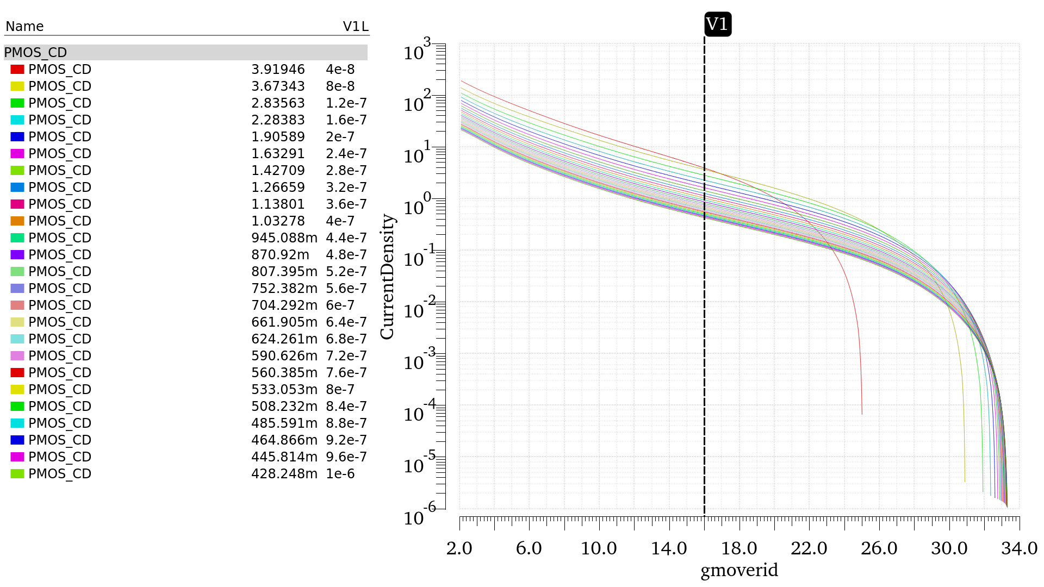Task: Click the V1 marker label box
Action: click(x=717, y=24)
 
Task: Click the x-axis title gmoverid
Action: click(x=739, y=570)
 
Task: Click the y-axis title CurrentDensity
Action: click(x=387, y=277)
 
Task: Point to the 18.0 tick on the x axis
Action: click(x=739, y=548)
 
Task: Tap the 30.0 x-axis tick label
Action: click(x=949, y=548)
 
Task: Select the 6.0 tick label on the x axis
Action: click(x=529, y=548)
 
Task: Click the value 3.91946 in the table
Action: click(x=278, y=70)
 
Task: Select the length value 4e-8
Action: click(x=340, y=70)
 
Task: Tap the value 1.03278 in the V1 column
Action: click(x=278, y=221)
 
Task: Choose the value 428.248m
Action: click(x=284, y=474)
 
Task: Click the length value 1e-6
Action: click(x=340, y=474)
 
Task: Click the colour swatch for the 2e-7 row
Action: click(x=17, y=137)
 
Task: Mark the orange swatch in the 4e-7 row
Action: click(x=17, y=221)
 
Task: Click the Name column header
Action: click(x=24, y=27)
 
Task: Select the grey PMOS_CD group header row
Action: click(x=185, y=53)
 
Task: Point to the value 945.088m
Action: click(x=284, y=238)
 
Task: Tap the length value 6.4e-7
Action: click(x=346, y=322)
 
